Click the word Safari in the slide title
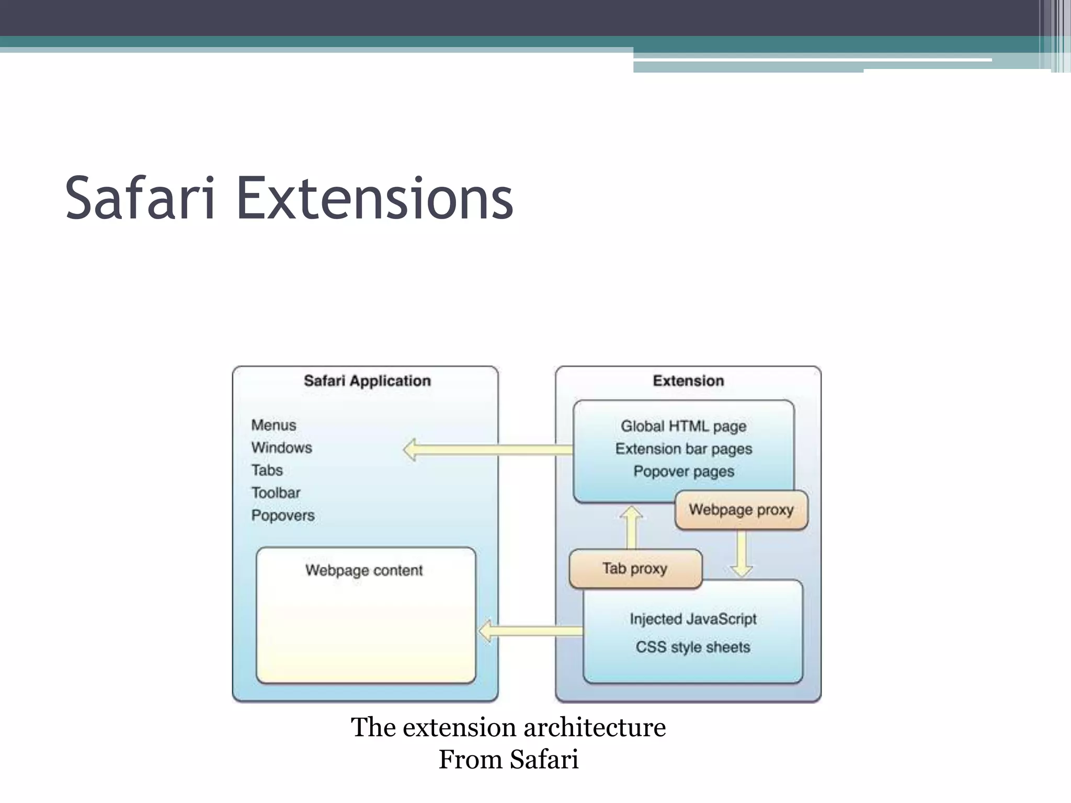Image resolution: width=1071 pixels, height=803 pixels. [x=140, y=199]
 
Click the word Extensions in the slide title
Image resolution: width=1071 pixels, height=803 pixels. [x=374, y=199]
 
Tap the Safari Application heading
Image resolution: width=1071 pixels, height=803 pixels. [x=367, y=381]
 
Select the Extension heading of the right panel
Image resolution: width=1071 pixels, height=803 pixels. [x=688, y=381]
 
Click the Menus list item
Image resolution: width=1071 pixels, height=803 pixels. [x=274, y=425]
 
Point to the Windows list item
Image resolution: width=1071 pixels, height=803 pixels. [x=281, y=448]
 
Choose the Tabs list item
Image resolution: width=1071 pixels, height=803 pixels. [x=267, y=470]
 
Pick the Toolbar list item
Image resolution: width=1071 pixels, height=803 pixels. [x=276, y=492]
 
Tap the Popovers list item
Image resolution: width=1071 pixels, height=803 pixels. [x=283, y=515]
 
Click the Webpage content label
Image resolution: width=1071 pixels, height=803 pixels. [x=364, y=570]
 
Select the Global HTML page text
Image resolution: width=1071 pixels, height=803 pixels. [x=683, y=426]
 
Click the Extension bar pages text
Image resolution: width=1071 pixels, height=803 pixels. [x=683, y=449]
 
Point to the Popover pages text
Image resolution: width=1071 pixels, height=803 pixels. [x=683, y=471]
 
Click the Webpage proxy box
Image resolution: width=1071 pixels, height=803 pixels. [x=741, y=510]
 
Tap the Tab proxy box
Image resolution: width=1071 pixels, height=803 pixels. [x=635, y=568]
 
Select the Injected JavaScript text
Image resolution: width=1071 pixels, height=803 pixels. [x=693, y=619]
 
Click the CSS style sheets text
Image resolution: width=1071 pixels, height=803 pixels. [x=693, y=647]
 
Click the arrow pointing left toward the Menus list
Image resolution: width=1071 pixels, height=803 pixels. [x=486, y=450]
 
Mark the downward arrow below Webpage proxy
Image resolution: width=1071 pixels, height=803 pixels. [x=742, y=554]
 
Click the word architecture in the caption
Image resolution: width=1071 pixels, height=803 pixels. [x=595, y=727]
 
